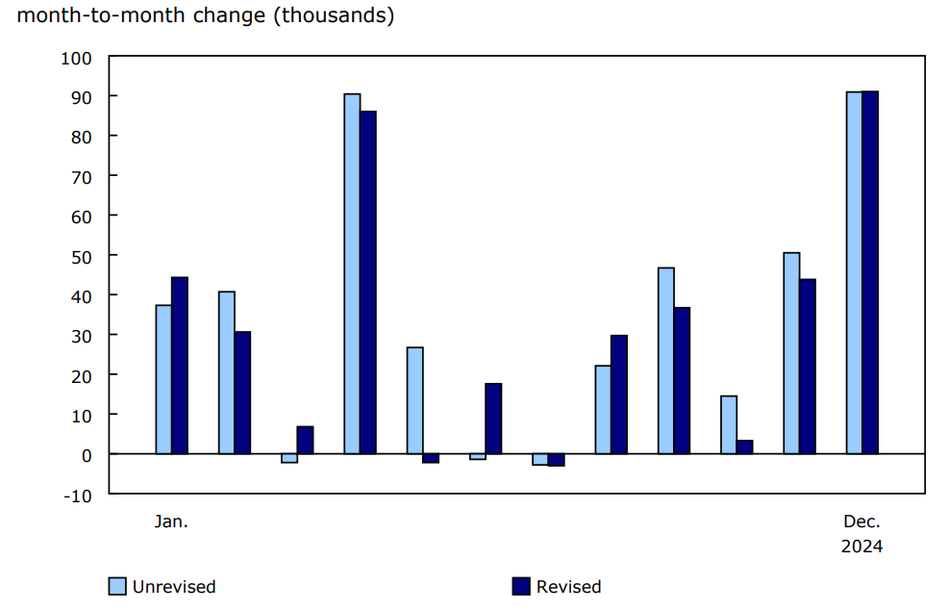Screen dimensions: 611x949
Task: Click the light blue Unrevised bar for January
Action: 163,379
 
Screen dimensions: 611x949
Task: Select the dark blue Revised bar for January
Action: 179,366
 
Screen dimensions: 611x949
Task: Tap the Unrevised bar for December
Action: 854,272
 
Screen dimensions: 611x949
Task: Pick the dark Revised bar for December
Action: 870,272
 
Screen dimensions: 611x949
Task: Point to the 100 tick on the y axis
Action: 76,58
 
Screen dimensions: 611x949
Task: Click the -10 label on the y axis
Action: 78,495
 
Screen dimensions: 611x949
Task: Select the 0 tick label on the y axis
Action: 86,454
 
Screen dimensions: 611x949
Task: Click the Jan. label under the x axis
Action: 171,522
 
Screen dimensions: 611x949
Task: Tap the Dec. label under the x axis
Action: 862,522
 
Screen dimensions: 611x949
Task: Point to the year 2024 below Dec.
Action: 862,547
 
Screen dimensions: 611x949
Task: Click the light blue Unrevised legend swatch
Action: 117,586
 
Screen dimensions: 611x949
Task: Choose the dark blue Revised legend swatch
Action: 521,586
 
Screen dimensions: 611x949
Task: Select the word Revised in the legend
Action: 568,587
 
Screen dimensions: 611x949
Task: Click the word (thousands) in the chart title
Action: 334,16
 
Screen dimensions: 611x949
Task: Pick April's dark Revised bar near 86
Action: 368,282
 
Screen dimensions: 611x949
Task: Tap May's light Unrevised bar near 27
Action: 414,400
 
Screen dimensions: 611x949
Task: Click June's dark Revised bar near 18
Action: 493,419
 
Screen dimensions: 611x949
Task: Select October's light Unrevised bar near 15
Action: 729,424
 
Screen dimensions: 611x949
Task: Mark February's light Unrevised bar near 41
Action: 226,372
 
